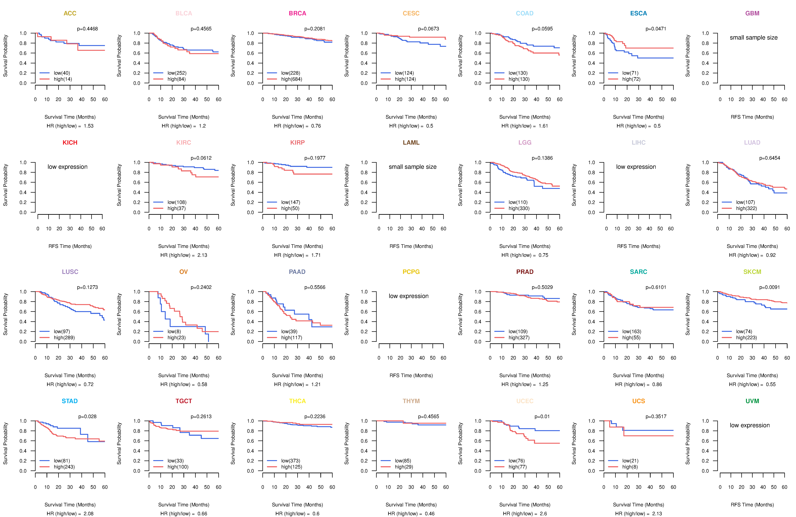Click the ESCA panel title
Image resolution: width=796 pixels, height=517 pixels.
pyautogui.click(x=638, y=13)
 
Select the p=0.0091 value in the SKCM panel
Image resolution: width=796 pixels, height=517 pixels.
pyautogui.click(x=769, y=287)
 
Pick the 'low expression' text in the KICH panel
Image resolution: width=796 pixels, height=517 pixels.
pyautogui.click(x=68, y=167)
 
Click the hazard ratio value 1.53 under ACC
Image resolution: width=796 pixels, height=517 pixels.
pyautogui.click(x=89, y=126)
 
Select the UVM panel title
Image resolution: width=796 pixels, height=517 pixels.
pyautogui.click(x=752, y=401)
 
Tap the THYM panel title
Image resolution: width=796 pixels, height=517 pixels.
pyautogui.click(x=411, y=401)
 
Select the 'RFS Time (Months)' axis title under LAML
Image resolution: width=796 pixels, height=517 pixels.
pyautogui.click(x=411, y=246)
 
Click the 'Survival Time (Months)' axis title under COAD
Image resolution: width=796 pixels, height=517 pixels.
pyautogui.click(x=525, y=117)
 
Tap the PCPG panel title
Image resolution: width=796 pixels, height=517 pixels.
pyautogui.click(x=411, y=272)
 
